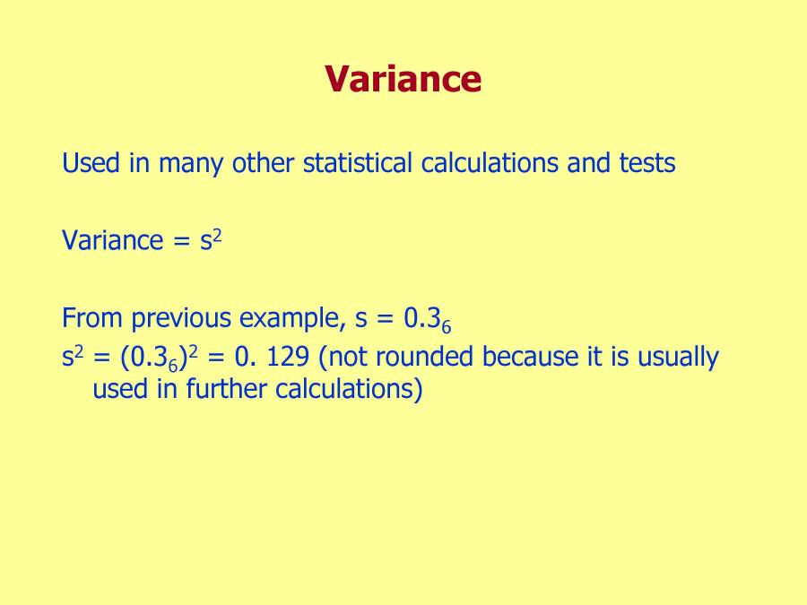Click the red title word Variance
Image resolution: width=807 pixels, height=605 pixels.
click(403, 79)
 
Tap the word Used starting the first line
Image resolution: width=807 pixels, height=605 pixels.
click(88, 164)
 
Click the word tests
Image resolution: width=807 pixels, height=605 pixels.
click(646, 164)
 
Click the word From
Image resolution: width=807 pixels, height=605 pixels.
click(92, 318)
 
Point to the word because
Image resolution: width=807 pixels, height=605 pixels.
click(526, 357)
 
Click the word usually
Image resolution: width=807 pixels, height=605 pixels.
click(678, 359)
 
